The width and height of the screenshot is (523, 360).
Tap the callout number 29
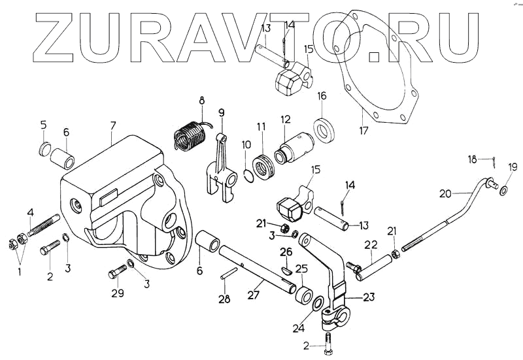[x=117, y=293]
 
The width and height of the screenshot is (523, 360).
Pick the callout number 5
[x=43, y=124]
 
